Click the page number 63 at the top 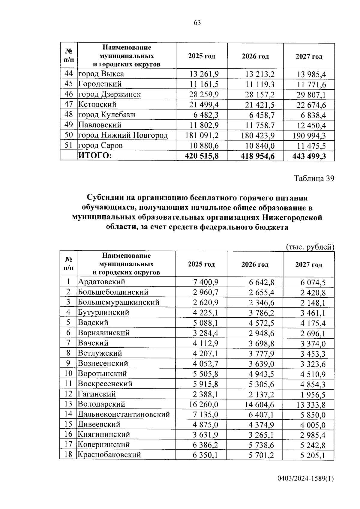[197, 23]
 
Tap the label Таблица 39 [314, 179]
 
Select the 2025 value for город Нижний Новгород [202, 136]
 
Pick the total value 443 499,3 [309, 156]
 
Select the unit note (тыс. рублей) [310, 247]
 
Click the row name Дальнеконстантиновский [124, 415]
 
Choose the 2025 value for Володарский [203, 405]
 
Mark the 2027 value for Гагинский [313, 395]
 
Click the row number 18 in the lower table [68, 455]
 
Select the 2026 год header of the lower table [255, 265]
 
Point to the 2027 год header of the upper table [309, 56]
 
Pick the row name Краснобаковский [109, 455]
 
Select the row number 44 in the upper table [69, 74]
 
